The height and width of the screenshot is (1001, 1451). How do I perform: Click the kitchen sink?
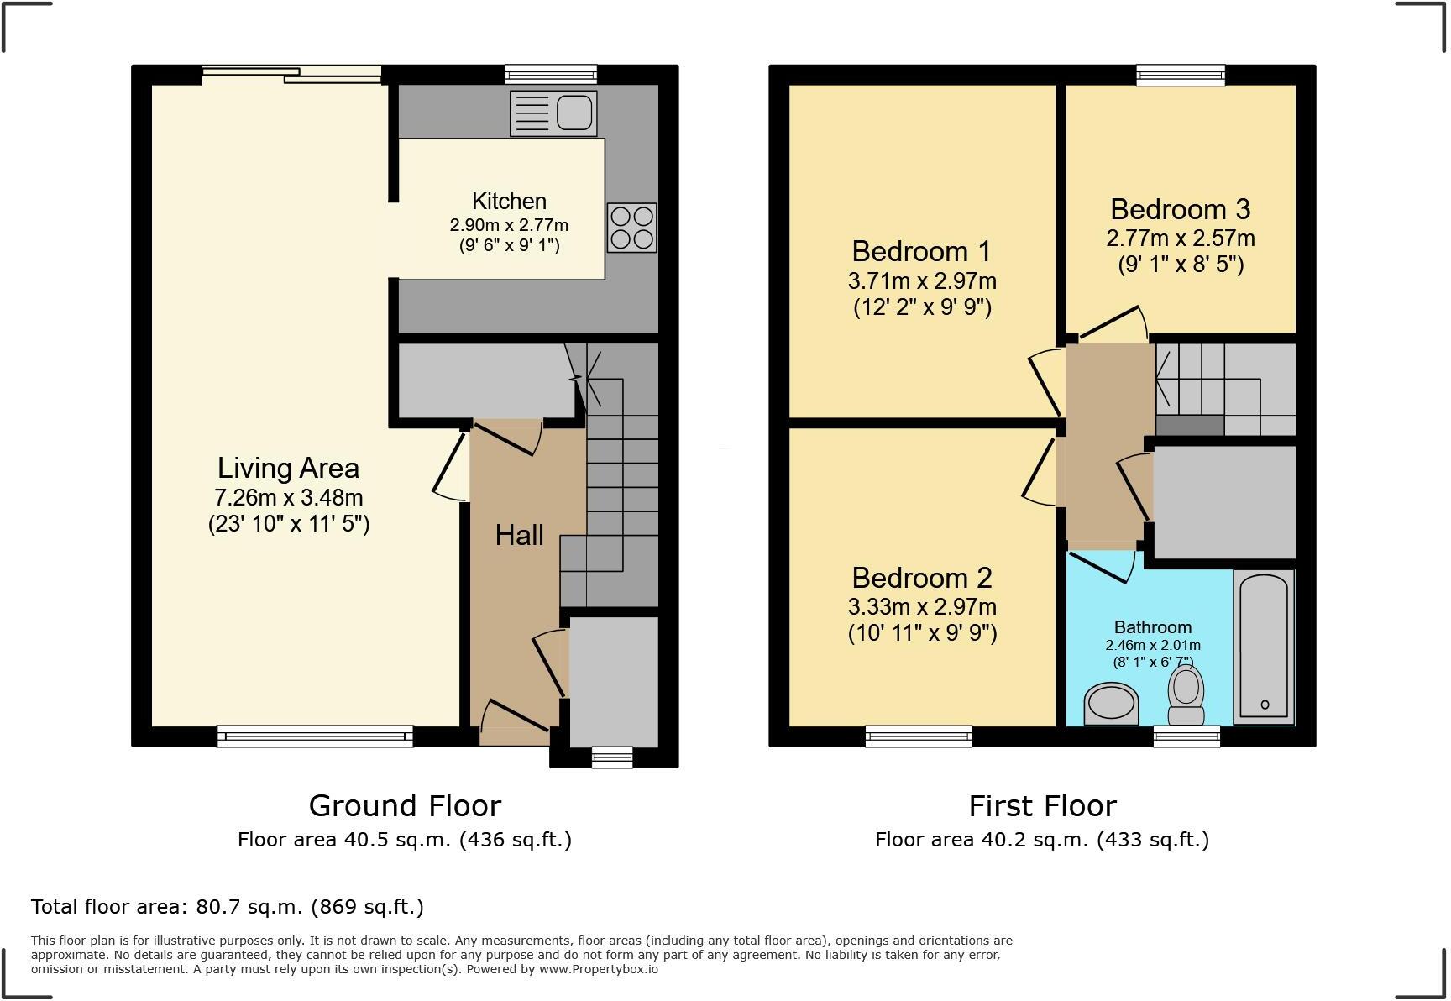coord(553,113)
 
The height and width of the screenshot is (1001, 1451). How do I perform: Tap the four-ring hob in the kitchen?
coord(631,228)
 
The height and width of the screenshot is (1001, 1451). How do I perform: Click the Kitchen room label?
coord(509,202)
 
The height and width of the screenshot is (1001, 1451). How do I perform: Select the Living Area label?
coord(288,468)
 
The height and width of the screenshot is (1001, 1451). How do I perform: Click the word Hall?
coord(519,535)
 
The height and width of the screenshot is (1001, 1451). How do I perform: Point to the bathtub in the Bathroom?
coord(1263,647)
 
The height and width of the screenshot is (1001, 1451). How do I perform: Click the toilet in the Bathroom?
coord(1186,695)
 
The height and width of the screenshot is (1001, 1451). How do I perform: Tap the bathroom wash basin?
coord(1111,704)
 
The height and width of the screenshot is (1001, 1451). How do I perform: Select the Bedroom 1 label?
coord(921,251)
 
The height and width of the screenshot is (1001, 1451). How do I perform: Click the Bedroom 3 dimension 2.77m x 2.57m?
coord(1180,238)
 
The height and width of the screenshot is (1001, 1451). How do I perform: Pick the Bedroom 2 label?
coord(921,578)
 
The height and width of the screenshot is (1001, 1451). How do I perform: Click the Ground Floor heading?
coord(405,806)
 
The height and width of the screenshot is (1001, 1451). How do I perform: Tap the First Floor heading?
coord(1042,806)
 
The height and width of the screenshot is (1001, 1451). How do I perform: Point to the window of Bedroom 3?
coord(1180,76)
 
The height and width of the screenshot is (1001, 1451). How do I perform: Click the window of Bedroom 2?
coord(919,736)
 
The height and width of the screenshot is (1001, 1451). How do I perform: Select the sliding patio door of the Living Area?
coord(292,76)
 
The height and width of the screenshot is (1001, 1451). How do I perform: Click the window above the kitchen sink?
coord(551,76)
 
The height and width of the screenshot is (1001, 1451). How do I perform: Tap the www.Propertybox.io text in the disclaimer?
coord(599,969)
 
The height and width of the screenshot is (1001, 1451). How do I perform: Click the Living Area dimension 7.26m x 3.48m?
coord(288,497)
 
